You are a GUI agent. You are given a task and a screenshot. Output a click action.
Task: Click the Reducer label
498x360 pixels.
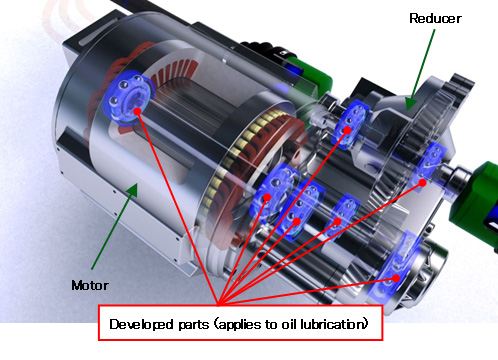pos(436,18)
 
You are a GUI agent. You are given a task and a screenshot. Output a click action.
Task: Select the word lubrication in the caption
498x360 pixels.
pos(331,325)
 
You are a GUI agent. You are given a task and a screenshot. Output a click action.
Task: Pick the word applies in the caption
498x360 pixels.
pos(240,325)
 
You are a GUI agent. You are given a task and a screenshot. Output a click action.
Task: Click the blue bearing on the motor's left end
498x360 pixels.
pos(124,99)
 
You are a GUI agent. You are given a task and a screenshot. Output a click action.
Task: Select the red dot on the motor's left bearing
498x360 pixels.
pos(137,113)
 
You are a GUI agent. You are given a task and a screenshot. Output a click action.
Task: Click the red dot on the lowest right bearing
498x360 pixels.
pos(396,278)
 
